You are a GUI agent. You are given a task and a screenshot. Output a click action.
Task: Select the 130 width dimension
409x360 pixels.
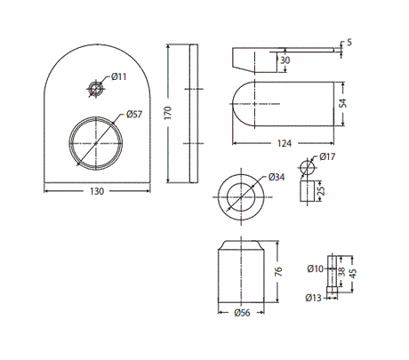98,192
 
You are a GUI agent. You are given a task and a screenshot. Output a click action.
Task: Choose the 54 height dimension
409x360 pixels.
347,104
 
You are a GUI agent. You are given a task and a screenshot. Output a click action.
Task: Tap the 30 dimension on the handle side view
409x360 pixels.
284,60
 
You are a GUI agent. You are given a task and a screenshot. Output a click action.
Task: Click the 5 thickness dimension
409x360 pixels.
349,42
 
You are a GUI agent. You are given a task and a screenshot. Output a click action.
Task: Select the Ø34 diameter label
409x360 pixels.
277,177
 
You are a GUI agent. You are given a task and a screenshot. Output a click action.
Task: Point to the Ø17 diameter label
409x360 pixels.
328,158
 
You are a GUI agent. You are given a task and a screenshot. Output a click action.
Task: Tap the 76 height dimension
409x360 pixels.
278,272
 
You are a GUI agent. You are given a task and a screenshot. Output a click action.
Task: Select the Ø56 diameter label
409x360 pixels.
240,312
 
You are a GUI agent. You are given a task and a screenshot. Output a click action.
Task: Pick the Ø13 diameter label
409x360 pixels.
314,298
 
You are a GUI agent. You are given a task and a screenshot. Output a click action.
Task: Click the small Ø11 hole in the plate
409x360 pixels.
96,87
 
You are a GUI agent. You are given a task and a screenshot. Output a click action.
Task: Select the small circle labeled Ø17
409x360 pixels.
308,167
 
